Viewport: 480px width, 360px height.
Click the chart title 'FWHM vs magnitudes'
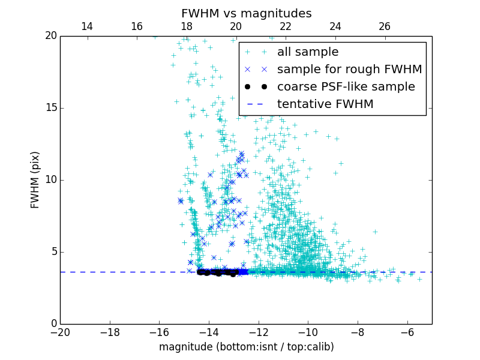pyautogui.click(x=246, y=13)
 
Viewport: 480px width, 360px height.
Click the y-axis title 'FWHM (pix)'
pyautogui.click(x=35, y=179)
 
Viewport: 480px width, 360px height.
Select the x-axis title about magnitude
pyautogui.click(x=246, y=347)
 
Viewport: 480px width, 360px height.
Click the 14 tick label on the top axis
pyautogui.click(x=86, y=26)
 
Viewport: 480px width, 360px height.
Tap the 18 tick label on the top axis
pyautogui.click(x=186, y=26)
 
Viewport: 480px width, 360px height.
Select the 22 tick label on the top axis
pyautogui.click(x=286, y=26)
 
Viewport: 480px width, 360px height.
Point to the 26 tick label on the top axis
pyautogui.click(x=385, y=26)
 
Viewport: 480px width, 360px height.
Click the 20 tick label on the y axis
pyautogui.click(x=50, y=36)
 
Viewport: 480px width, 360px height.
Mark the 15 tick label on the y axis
pyautogui.click(x=50, y=108)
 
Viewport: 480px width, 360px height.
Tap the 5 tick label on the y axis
pyautogui.click(x=53, y=252)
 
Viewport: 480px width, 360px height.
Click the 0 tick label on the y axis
pyautogui.click(x=53, y=324)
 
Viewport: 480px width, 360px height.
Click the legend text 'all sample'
pyautogui.click(x=308, y=52)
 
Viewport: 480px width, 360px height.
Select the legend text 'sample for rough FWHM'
pyautogui.click(x=349, y=70)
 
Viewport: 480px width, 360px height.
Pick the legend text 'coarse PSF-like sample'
pyautogui.click(x=346, y=87)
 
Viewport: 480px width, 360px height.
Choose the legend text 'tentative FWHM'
pyautogui.click(x=325, y=104)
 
